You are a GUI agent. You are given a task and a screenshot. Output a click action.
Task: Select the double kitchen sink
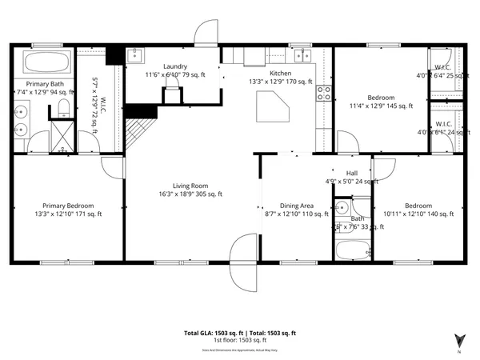pos(302,56)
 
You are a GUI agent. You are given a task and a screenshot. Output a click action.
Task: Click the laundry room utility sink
pos(134,55)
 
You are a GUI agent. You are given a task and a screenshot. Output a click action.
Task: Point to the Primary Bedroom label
pos(68,204)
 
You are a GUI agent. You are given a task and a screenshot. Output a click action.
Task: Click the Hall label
pos(351,173)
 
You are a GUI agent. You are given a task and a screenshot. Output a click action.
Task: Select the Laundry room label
pos(175,66)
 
